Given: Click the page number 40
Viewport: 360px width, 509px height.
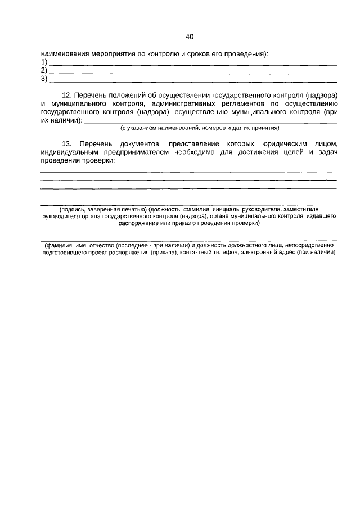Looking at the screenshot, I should coord(189,37).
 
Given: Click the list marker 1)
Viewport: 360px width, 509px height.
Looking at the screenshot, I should coord(44,62).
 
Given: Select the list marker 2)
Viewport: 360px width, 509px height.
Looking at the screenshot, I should coord(44,70).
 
